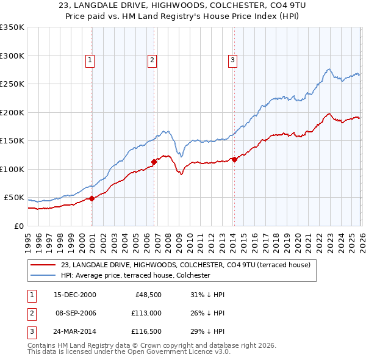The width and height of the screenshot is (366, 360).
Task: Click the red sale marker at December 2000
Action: point(92,198)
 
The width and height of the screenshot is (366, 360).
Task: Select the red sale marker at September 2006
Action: point(154,162)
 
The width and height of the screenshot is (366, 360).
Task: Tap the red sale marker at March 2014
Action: point(234,160)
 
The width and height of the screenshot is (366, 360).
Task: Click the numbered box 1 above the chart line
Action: point(90,60)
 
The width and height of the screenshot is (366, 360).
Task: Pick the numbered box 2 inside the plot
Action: point(151,60)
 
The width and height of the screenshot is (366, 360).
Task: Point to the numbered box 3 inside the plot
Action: point(232,60)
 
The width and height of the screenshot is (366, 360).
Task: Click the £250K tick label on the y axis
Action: point(12,84)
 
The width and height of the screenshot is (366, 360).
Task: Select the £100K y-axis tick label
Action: point(12,169)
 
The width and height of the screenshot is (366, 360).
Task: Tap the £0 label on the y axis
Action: point(17,226)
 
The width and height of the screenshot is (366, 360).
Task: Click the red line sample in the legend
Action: point(43,265)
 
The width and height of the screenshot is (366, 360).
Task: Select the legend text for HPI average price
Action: point(135,275)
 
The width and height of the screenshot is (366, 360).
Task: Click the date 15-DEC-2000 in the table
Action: point(75,294)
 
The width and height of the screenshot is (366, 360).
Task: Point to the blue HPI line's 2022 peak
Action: point(328,70)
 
